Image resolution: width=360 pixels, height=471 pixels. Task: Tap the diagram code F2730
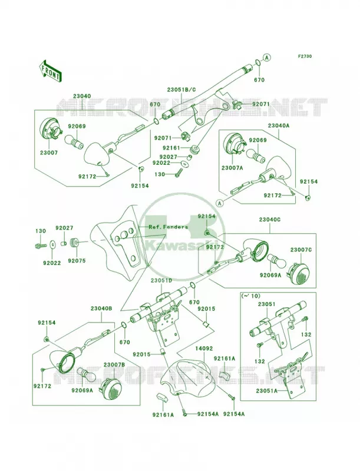305,56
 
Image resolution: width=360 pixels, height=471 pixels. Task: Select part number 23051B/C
181,89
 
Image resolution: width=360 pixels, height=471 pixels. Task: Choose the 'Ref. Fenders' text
169,227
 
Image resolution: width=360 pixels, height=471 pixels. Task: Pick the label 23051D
161,280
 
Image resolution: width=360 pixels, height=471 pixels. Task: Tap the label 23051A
267,390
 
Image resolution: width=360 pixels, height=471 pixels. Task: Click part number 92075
77,261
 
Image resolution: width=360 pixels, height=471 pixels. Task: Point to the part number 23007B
113,364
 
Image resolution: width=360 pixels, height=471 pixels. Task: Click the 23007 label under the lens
49,152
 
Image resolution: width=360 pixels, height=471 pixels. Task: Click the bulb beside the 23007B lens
86,375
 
